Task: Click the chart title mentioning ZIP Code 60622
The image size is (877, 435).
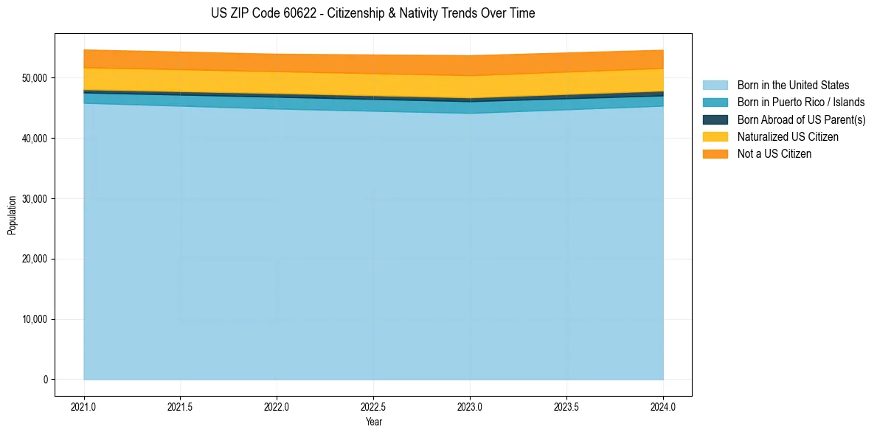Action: (372, 13)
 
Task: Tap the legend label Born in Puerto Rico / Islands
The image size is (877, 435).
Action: (801, 102)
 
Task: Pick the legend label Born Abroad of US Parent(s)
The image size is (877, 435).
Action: (801, 119)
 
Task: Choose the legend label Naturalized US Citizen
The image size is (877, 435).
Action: (788, 136)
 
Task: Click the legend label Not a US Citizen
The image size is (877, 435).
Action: (774, 153)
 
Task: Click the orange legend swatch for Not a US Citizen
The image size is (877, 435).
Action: (715, 153)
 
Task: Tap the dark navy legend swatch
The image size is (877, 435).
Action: (715, 119)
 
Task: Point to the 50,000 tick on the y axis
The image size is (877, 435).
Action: (34, 78)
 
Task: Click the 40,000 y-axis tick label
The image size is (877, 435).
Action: (34, 139)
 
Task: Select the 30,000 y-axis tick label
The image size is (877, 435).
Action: (34, 199)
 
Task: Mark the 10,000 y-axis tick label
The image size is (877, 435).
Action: (34, 319)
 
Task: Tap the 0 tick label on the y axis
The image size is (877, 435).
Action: (45, 380)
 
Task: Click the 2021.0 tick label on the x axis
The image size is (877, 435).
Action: (84, 406)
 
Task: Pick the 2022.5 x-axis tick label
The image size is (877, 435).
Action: (373, 406)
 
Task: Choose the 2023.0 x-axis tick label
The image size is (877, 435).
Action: (470, 406)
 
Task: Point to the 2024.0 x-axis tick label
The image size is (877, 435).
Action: (663, 406)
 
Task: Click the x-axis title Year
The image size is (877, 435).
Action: (373, 422)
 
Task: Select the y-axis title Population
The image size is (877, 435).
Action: (12, 215)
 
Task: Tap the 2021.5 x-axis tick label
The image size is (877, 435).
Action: (181, 406)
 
